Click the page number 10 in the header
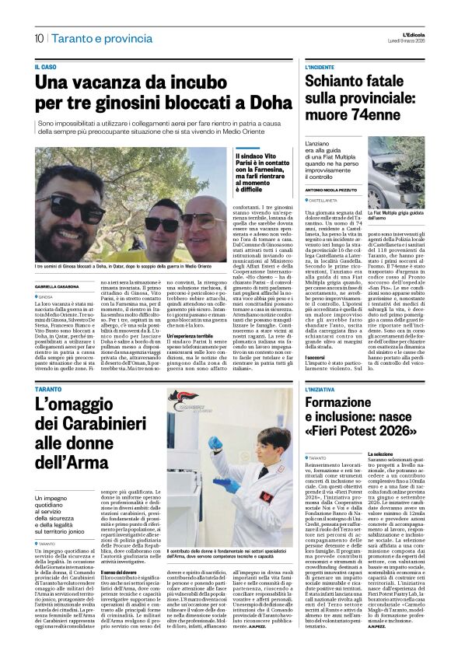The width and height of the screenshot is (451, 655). pyautogui.click(x=38, y=37)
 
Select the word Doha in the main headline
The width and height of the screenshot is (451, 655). pyautogui.click(x=256, y=103)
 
